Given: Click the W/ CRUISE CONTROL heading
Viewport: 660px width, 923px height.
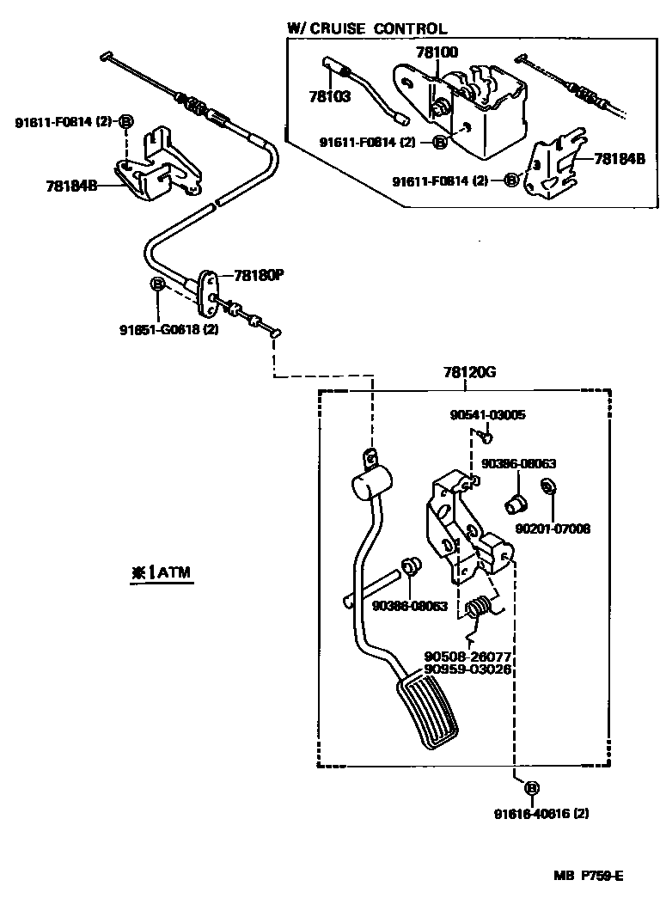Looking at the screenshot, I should click(367, 29).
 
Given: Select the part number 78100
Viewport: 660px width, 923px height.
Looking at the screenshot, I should click(437, 53).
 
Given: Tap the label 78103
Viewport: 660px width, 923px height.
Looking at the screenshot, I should click(329, 97).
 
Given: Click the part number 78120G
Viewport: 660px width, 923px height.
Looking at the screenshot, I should click(470, 372).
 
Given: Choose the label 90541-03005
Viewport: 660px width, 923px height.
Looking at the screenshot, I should click(487, 414).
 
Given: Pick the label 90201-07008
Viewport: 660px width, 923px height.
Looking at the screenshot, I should click(553, 529).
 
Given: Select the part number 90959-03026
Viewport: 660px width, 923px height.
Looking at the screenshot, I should click(467, 669).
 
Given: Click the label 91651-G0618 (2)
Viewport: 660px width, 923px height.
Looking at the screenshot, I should click(168, 328).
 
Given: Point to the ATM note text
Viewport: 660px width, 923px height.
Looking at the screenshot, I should click(162, 572).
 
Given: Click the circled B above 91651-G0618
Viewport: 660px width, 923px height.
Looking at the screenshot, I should click(158, 284).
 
